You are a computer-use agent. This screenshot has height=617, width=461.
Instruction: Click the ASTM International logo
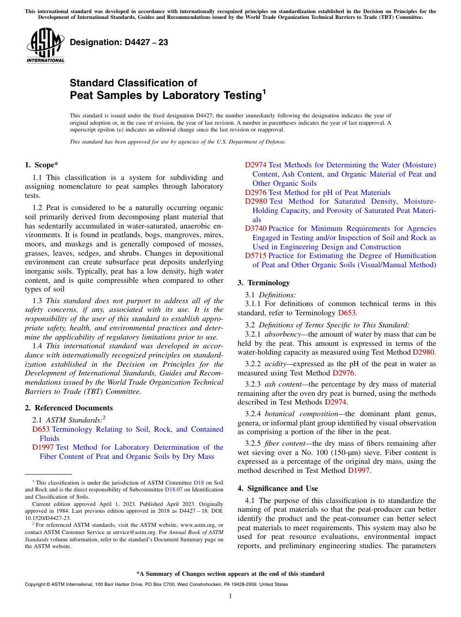coord(45,46)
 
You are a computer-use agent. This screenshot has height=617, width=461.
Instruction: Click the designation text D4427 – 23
coord(119,42)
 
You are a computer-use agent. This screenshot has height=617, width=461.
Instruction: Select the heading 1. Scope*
coord(42,165)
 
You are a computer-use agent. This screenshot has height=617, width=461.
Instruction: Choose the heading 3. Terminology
coord(263,283)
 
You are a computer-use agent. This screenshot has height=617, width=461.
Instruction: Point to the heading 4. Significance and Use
coord(278,488)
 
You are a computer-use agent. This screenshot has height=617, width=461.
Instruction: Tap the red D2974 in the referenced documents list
coord(256,165)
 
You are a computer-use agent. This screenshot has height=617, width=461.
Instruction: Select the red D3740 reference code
coord(256,228)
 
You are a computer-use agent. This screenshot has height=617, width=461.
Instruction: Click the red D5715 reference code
coord(256,256)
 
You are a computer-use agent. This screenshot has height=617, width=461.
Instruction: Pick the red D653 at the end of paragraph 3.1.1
coord(347,313)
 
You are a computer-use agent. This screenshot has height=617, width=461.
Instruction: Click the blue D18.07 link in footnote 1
coord(173,490)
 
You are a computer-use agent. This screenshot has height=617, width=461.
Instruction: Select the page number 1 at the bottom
coord(230,596)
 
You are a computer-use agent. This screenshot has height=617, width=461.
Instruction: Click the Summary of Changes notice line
coord(230,574)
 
